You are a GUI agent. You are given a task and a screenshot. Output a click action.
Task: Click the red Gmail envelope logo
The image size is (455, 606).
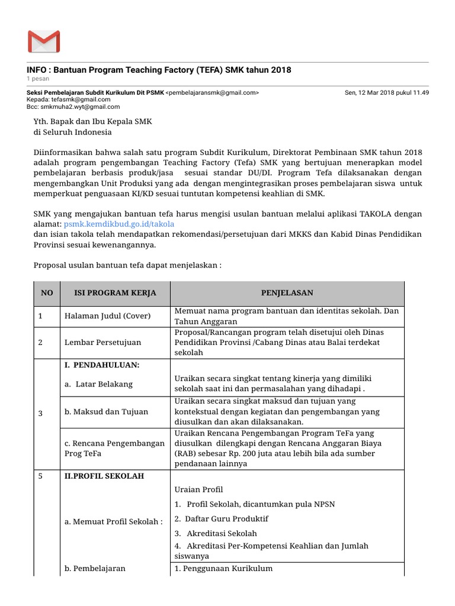[x=43, y=41]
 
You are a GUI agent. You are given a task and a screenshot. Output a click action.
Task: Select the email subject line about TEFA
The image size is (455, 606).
[x=159, y=70]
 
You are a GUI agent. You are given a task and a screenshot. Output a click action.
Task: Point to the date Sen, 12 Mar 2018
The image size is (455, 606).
[x=387, y=93]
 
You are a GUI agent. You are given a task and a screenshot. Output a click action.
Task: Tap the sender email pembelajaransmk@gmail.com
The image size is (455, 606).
[x=212, y=93]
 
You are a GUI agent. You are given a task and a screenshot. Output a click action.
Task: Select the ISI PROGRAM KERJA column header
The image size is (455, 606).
[x=107, y=293]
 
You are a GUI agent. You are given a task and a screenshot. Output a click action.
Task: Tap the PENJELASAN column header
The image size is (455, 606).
[x=287, y=293]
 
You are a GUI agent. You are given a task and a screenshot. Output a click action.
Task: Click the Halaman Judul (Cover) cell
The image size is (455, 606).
[x=107, y=316]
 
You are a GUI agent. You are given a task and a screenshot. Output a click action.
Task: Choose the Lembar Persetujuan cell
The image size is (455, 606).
[x=102, y=342]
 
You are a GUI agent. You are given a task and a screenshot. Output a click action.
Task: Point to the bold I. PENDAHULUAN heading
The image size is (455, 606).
[x=101, y=365]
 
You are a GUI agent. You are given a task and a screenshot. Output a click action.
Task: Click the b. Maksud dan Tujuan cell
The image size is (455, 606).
[x=106, y=411]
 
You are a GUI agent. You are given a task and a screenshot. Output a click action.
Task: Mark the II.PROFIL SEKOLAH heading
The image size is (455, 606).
[x=104, y=476]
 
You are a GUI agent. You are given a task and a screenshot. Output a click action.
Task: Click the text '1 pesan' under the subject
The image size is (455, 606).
[x=38, y=79]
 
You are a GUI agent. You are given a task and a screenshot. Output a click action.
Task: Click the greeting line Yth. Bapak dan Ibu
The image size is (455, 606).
[x=92, y=121]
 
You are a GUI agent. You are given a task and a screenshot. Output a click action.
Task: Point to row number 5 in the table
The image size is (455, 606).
[x=40, y=476]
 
